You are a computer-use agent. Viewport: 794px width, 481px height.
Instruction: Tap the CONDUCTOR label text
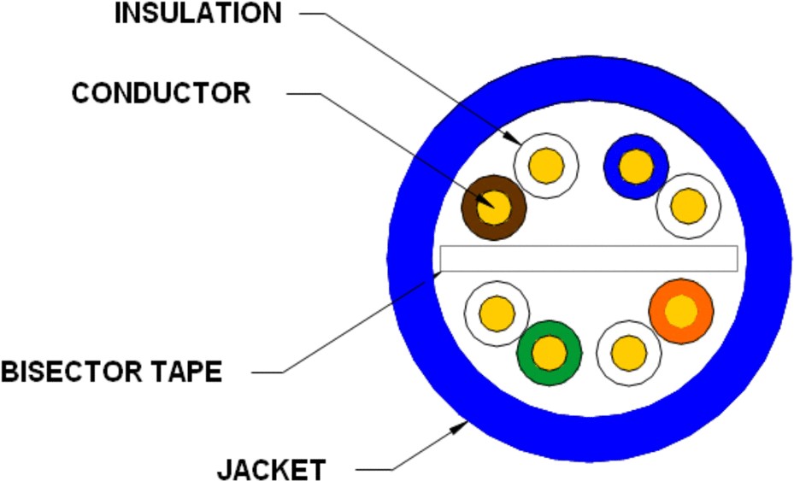161,92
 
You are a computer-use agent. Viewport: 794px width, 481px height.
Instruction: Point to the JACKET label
271,469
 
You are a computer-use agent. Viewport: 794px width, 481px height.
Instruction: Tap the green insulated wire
550,351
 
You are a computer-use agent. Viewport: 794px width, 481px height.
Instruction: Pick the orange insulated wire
681,311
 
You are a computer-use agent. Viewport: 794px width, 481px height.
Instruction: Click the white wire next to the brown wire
546,164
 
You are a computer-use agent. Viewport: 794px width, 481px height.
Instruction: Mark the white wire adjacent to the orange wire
628,352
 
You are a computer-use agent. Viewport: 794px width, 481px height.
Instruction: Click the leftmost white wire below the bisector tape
496,312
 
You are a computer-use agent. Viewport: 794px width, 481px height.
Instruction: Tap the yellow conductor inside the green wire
550,351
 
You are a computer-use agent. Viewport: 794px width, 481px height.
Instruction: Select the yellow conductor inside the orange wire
681,311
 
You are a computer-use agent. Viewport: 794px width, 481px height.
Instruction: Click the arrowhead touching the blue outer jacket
460,419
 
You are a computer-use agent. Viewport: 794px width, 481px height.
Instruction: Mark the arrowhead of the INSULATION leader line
514,138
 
